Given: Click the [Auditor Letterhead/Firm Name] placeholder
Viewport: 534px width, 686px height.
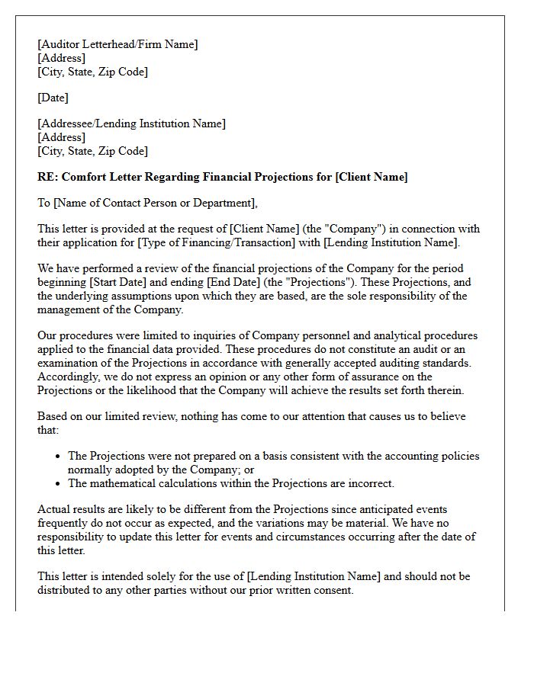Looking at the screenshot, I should [x=117, y=44].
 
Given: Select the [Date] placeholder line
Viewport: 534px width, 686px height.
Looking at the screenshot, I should [x=53, y=98].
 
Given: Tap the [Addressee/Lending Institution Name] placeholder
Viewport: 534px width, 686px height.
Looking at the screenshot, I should [x=131, y=123].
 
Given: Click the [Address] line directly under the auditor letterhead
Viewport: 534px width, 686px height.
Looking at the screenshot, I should [x=61, y=58].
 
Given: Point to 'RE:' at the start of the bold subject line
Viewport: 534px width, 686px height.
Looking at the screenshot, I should [x=47, y=177].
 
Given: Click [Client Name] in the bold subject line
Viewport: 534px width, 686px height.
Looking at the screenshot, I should [x=372, y=177].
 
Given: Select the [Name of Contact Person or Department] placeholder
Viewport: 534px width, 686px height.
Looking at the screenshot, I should [x=153, y=203].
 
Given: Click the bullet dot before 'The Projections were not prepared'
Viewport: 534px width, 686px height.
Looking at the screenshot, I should [x=59, y=457].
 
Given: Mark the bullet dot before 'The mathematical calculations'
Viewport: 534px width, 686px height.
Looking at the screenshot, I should [x=59, y=483].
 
